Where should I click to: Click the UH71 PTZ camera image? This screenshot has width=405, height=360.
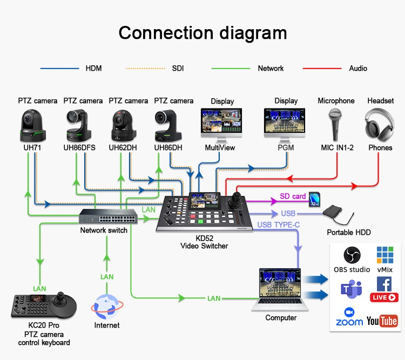point(33,125)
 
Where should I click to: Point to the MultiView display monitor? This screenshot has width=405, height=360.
point(221,124)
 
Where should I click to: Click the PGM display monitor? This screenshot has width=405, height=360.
point(285,124)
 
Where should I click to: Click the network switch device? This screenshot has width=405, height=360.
point(107,216)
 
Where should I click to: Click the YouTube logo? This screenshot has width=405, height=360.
point(382,321)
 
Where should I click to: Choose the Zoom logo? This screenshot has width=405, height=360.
point(349,317)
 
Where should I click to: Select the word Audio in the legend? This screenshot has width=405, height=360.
point(358,69)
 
